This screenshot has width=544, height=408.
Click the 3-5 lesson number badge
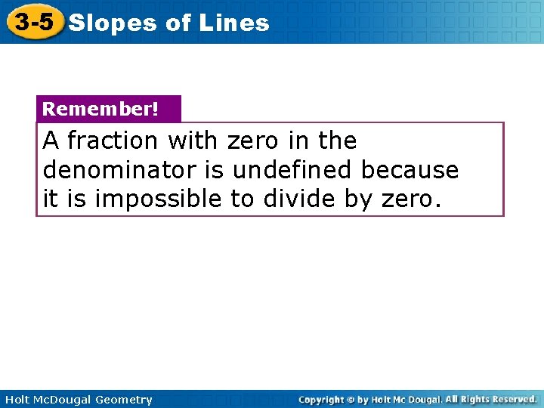click(x=34, y=22)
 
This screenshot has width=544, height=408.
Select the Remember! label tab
click(x=100, y=109)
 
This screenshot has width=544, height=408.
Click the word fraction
click(x=113, y=141)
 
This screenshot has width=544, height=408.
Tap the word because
click(x=410, y=170)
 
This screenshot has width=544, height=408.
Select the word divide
click(x=298, y=199)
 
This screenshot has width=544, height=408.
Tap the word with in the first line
click(x=192, y=141)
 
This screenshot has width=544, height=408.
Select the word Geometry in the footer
click(x=123, y=400)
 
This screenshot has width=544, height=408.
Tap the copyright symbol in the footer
click(x=352, y=399)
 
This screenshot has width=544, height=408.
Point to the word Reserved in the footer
click(x=511, y=399)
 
